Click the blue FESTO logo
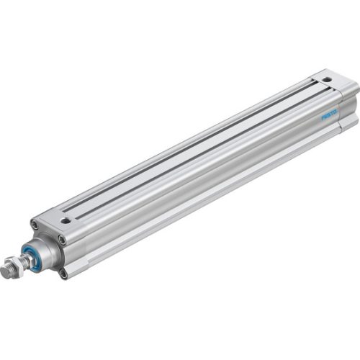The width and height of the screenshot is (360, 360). coord(331,114)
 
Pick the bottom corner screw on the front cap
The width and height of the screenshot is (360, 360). coord(63,274)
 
